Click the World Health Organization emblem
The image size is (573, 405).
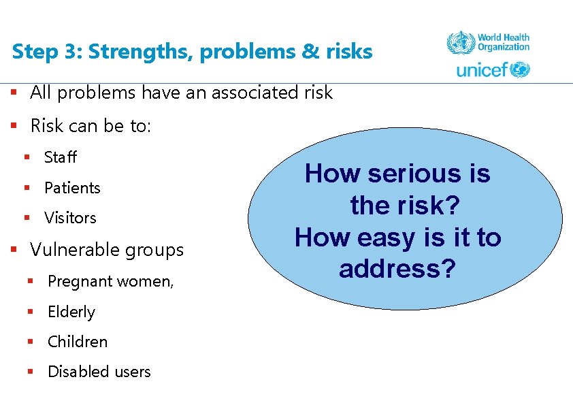[x=460, y=44]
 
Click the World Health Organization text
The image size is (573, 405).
[x=503, y=43]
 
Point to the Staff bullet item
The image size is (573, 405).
[x=61, y=158]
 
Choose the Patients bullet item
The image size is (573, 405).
[x=72, y=188]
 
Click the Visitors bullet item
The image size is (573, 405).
[x=70, y=218]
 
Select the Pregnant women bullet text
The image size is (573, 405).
[x=110, y=281]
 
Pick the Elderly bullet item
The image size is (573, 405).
[x=71, y=312]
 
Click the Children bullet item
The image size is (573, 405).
[x=78, y=342]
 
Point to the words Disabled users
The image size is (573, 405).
[x=99, y=372]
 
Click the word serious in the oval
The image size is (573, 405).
[x=409, y=174]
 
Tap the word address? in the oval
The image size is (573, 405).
[x=397, y=269]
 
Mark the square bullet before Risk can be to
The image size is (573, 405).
[x=13, y=126]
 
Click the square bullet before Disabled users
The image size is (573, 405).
[x=30, y=372]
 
